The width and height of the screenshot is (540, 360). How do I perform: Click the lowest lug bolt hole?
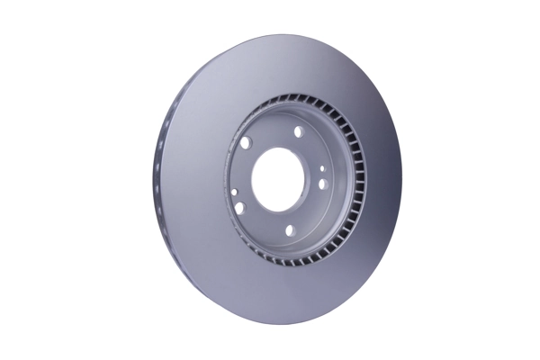[x=291, y=230]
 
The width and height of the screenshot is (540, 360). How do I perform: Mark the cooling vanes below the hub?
[x=297, y=261]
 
